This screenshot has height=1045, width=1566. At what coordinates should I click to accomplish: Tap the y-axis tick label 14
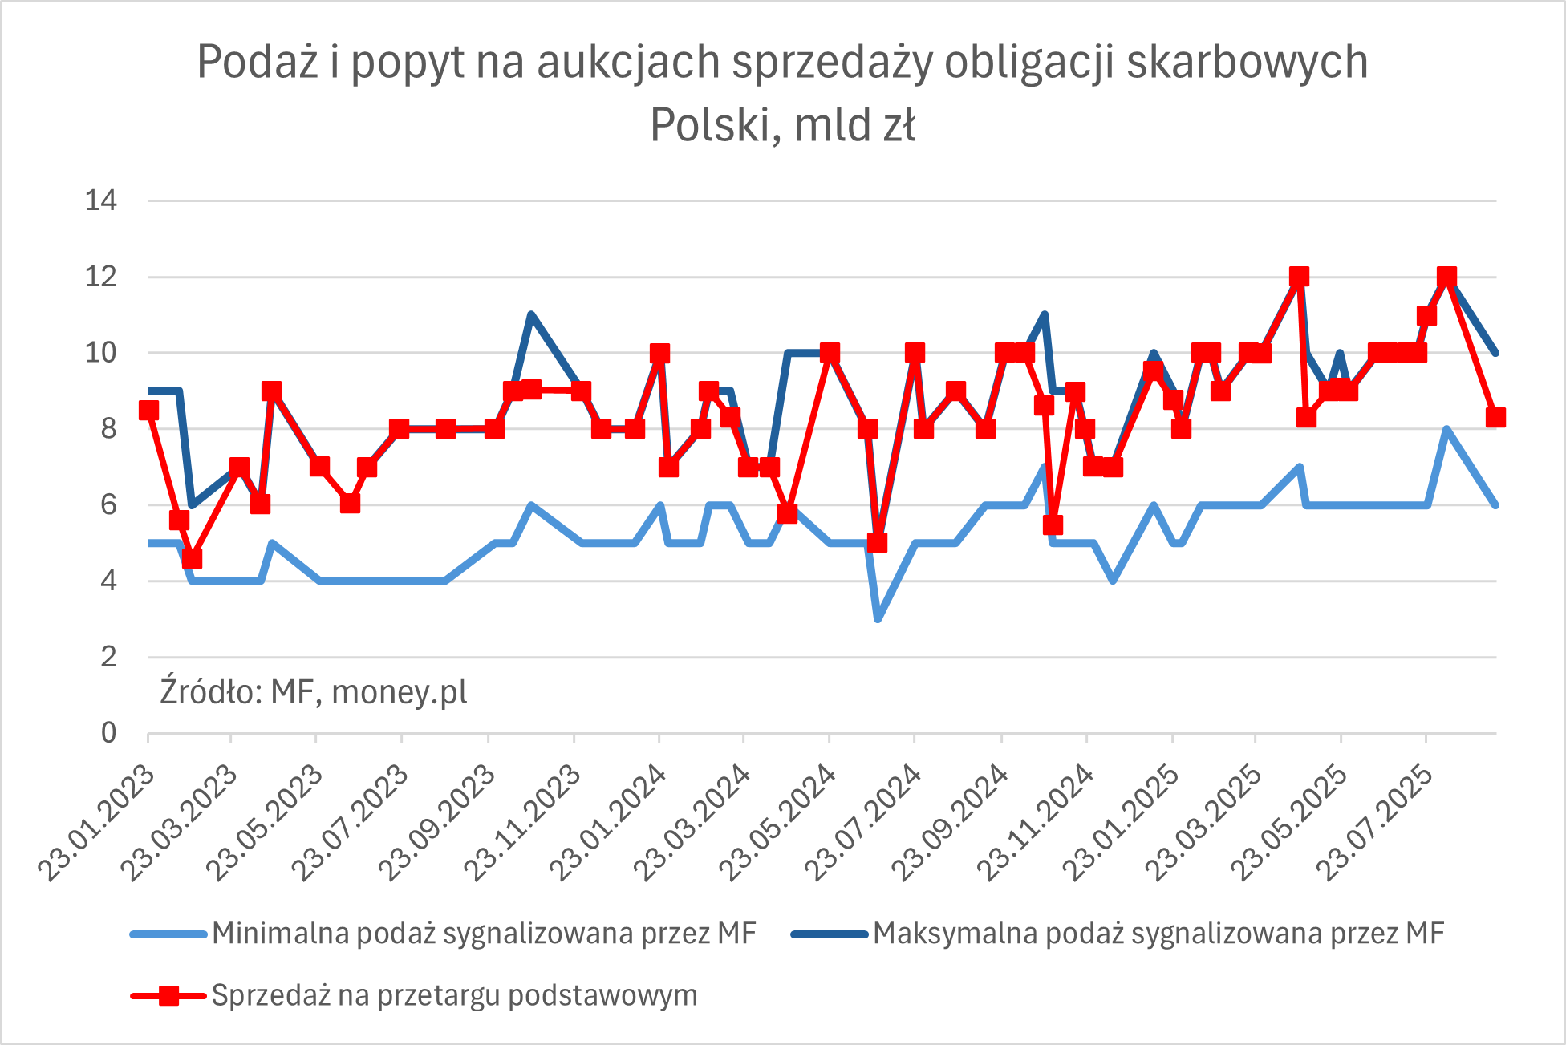101,200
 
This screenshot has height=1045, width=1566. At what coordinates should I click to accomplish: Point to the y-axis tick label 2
108,657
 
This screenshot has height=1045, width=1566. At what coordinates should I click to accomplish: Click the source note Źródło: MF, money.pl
313,691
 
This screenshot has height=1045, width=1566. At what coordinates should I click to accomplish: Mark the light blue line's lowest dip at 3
878,618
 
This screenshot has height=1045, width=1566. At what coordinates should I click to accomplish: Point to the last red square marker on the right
1495,417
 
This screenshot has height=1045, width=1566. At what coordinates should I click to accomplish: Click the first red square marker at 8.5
148,411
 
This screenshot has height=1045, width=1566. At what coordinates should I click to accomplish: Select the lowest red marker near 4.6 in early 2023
191,558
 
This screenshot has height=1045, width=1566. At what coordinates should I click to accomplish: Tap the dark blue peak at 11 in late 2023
531,315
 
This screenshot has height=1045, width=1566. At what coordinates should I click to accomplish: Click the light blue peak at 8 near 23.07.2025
1446,430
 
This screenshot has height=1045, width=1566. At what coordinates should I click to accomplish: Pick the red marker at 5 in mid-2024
877,543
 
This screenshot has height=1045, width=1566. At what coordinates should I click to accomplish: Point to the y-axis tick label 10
101,353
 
